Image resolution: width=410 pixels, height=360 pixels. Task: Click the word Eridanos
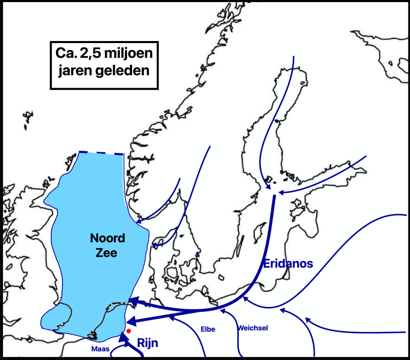coord(288,264)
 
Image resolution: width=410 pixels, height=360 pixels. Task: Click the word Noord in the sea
coord(105,238)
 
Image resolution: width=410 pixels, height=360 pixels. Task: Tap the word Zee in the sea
coord(105,252)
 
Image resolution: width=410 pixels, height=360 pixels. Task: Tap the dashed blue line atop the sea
coord(101,153)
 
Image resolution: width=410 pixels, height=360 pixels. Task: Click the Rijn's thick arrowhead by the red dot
coord(122,337)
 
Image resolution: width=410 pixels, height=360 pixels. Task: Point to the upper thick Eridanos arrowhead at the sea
coord(131,302)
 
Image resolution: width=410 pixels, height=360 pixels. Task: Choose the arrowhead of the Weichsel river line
coord(221,310)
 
